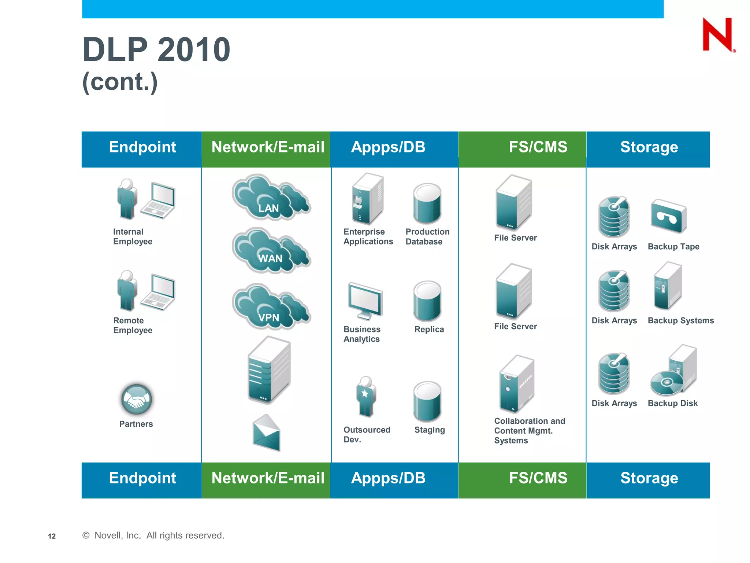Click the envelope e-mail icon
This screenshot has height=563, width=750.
pos(267,433)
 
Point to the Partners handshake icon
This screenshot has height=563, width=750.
pos(136,399)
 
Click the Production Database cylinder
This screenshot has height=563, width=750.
pos(427,204)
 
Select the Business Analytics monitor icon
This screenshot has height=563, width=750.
pos(365,301)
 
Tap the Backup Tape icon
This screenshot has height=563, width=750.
pos(668,216)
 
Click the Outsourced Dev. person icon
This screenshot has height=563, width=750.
pos(365,397)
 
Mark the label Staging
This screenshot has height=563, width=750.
pos(429,430)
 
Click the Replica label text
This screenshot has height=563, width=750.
pos(429,330)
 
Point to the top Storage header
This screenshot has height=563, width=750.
pos(649,147)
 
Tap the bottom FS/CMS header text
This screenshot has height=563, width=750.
pos(538,478)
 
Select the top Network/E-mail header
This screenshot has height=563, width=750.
pos(268,147)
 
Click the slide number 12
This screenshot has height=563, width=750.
pos(52,536)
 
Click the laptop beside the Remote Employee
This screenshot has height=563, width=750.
pos(159,292)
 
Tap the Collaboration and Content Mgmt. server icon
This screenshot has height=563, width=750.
pos(517,384)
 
